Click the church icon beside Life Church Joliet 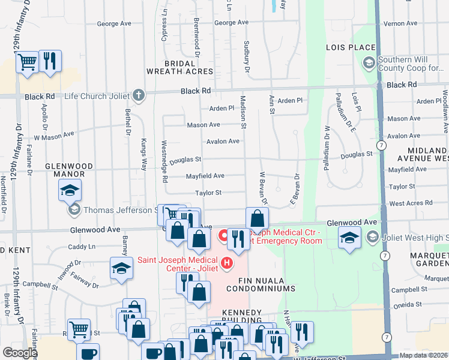coord(139,95)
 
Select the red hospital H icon coord(227,262)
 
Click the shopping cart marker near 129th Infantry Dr coord(28,62)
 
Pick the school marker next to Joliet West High coord(350,238)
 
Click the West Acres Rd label coord(411,203)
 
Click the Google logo coord(20,353)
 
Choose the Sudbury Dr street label coord(247,58)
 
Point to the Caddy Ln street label coord(82,247)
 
